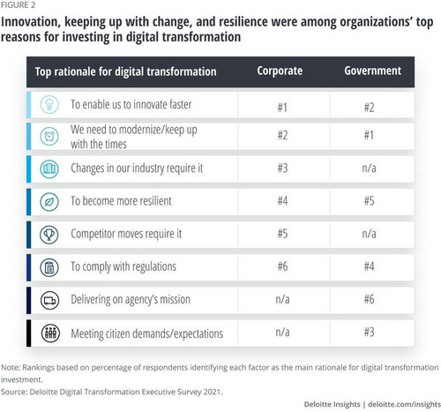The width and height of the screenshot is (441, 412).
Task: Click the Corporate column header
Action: pos(280,71)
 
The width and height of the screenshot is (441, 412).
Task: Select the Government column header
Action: pos(372,71)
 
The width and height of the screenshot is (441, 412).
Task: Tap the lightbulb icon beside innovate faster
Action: pos(49,104)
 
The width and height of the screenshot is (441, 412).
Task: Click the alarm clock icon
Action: pos(49,136)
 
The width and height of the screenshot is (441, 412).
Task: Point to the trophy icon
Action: pos(49,235)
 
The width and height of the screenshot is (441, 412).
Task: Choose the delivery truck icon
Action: pos(49,300)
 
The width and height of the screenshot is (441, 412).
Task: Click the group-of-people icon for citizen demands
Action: pos(50,333)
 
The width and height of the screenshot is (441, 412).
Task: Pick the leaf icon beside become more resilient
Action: pos(49,202)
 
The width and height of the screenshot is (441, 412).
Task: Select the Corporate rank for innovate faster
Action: pos(282,108)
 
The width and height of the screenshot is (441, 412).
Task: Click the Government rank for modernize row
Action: pos(369,135)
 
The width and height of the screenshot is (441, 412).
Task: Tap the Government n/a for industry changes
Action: pos(369,169)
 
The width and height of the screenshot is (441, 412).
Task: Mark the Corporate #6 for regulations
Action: pos(282,266)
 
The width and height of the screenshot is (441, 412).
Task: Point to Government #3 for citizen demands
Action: pos(370,332)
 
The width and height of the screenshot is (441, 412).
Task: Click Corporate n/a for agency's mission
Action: pos(282,299)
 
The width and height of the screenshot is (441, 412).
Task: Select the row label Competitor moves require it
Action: pos(126,234)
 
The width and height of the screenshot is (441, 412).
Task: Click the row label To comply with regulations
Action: pos(123,267)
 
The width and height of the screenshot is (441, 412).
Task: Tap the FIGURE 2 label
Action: pos(18,5)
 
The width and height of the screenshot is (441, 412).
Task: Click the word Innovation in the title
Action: pos(31,22)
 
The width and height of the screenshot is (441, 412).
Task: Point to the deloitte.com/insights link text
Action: pos(404,404)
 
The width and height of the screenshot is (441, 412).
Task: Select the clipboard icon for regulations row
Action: pos(49,267)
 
